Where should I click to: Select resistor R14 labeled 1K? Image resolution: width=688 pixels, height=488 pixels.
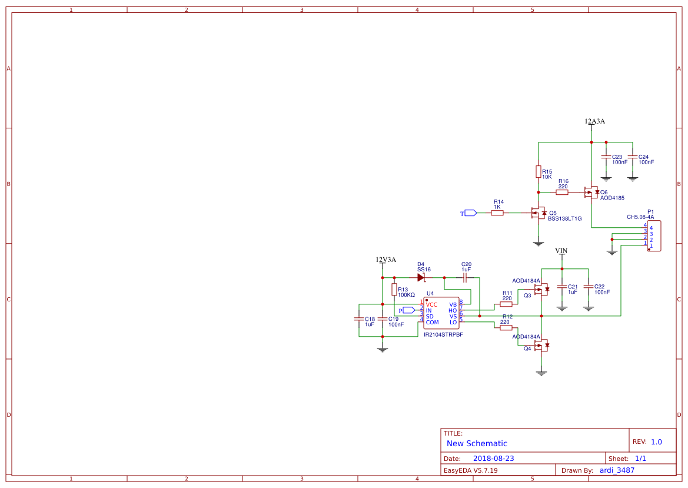point(497,213)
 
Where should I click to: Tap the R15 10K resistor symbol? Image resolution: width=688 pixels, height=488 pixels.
point(538,171)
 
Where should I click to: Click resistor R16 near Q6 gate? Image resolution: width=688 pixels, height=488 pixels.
point(562,192)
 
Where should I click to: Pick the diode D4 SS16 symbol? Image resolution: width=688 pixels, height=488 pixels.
point(421,277)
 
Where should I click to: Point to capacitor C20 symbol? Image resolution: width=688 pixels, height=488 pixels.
point(465,277)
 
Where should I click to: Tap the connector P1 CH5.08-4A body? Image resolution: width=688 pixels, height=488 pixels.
point(653,235)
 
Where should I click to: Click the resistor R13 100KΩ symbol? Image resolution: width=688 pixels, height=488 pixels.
point(394,289)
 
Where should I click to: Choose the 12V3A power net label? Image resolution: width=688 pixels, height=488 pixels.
point(385,260)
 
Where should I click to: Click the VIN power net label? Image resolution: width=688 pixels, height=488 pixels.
point(561,251)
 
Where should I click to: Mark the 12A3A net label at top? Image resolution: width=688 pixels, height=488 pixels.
point(594,121)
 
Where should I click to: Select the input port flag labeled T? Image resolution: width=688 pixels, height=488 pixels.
point(470,213)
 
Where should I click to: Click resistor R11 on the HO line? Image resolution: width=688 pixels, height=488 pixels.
point(506,304)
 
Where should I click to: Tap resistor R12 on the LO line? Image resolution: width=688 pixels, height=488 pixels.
point(506,328)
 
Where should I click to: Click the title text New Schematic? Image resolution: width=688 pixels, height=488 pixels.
point(477,443)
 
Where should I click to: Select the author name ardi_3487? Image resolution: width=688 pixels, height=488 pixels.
point(617,470)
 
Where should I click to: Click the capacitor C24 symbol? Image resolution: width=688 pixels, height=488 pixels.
point(632,157)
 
